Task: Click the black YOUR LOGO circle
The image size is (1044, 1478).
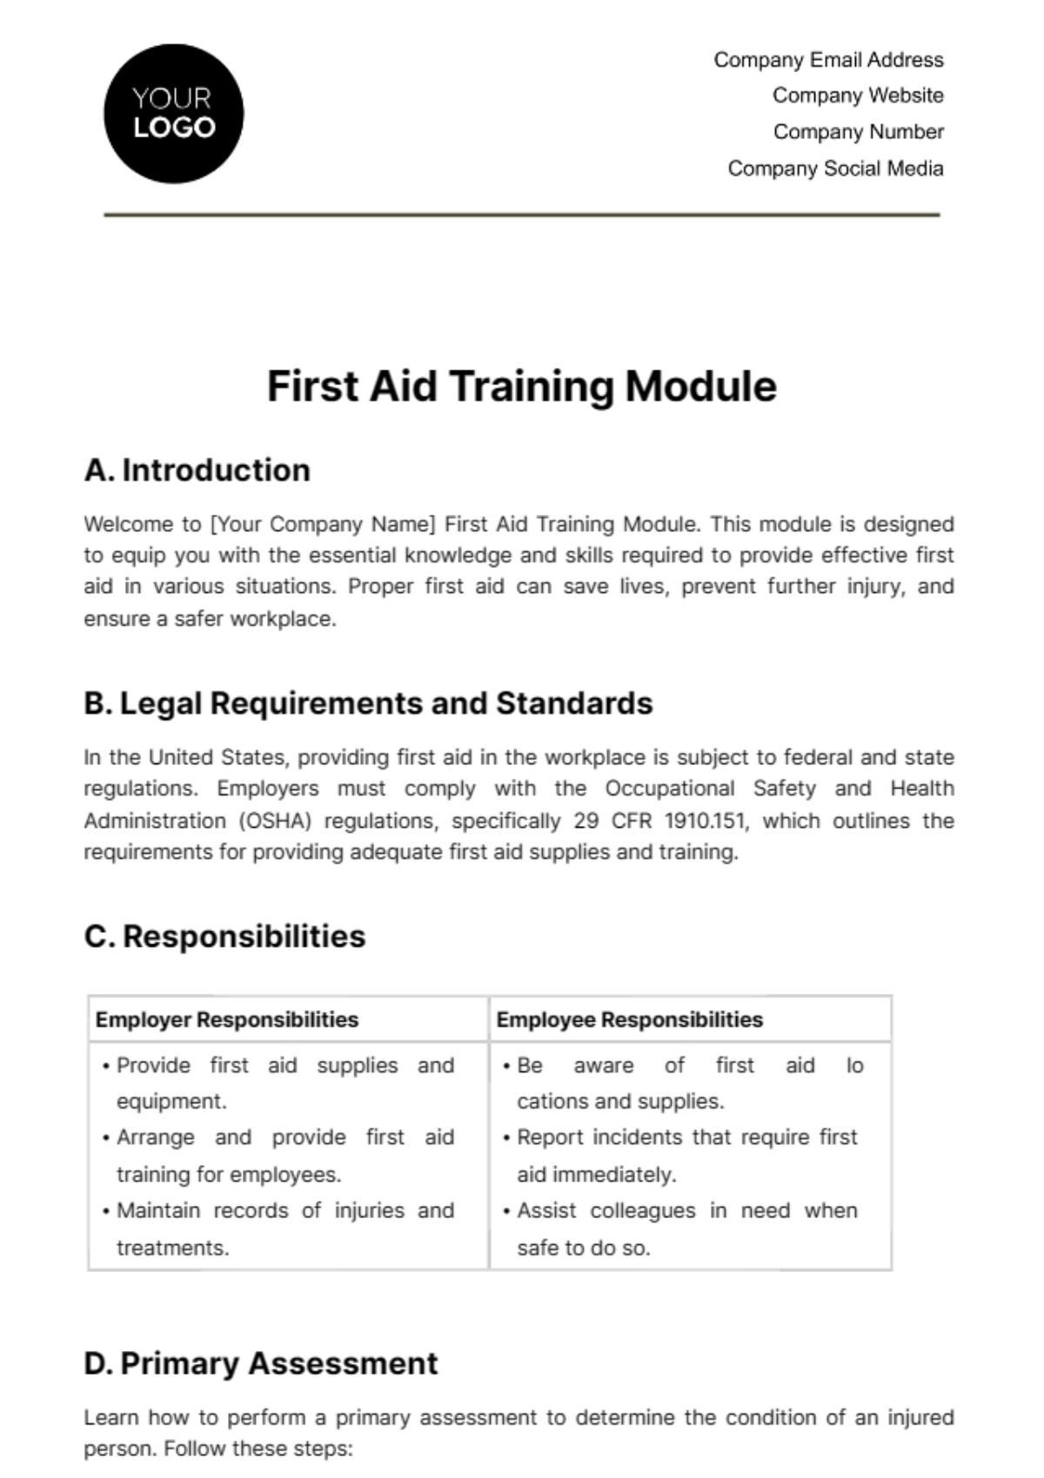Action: click(x=174, y=114)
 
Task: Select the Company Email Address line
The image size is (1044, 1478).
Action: click(x=828, y=60)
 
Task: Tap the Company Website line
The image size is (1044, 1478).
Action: click(x=858, y=96)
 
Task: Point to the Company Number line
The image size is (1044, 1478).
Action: click(x=858, y=132)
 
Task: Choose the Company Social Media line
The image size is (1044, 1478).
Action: click(x=835, y=169)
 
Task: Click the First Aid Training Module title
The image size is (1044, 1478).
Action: click(x=521, y=387)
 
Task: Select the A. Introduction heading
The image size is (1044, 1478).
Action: click(x=197, y=470)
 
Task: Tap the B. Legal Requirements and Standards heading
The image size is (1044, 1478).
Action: click(x=368, y=703)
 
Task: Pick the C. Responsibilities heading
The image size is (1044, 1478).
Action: click(x=224, y=936)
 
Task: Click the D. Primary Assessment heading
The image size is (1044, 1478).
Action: click(x=261, y=1363)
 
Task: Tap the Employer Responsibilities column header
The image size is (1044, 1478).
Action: click(x=227, y=1020)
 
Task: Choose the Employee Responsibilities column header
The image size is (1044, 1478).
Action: click(x=629, y=1020)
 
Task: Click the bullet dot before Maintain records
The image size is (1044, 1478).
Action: click(x=106, y=1211)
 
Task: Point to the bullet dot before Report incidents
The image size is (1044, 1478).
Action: click(x=506, y=1138)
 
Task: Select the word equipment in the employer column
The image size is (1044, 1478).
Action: click(x=171, y=1102)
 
